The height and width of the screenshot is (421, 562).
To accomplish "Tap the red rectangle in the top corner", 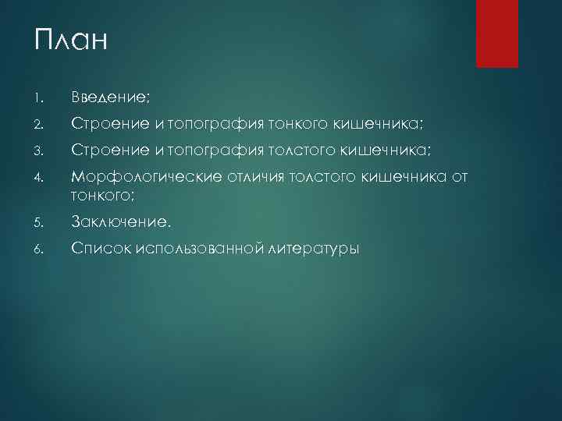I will [497, 34].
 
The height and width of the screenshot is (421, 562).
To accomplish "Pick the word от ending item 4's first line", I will [458, 178].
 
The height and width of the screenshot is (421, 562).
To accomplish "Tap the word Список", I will [101, 249].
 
